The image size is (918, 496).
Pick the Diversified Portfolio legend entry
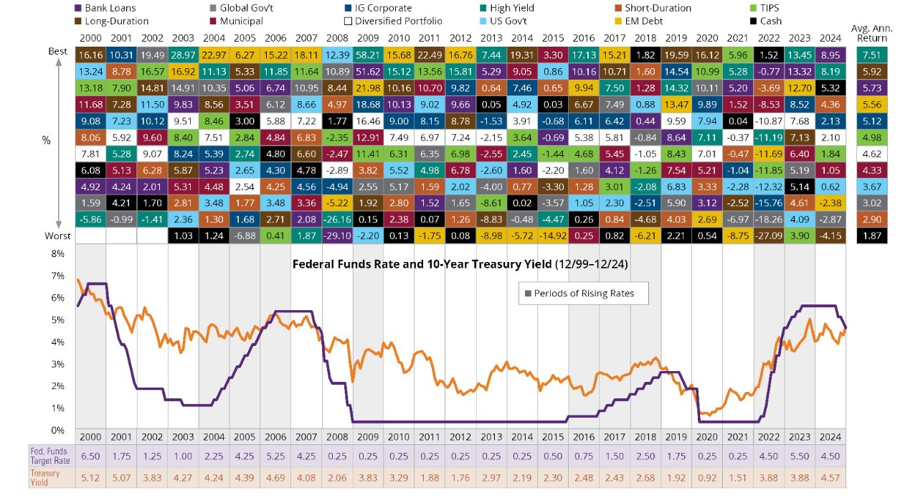tap(394, 21)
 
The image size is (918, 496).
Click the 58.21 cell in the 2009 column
tap(368, 55)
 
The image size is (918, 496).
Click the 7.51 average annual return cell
tap(871, 55)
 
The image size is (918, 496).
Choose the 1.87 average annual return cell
tap(871, 235)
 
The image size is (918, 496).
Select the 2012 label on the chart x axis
tap(460, 436)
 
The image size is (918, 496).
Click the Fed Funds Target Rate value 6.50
tap(90, 455)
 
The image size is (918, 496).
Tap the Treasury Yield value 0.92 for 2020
tap(707, 477)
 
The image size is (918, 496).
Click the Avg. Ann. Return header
tap(871, 32)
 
